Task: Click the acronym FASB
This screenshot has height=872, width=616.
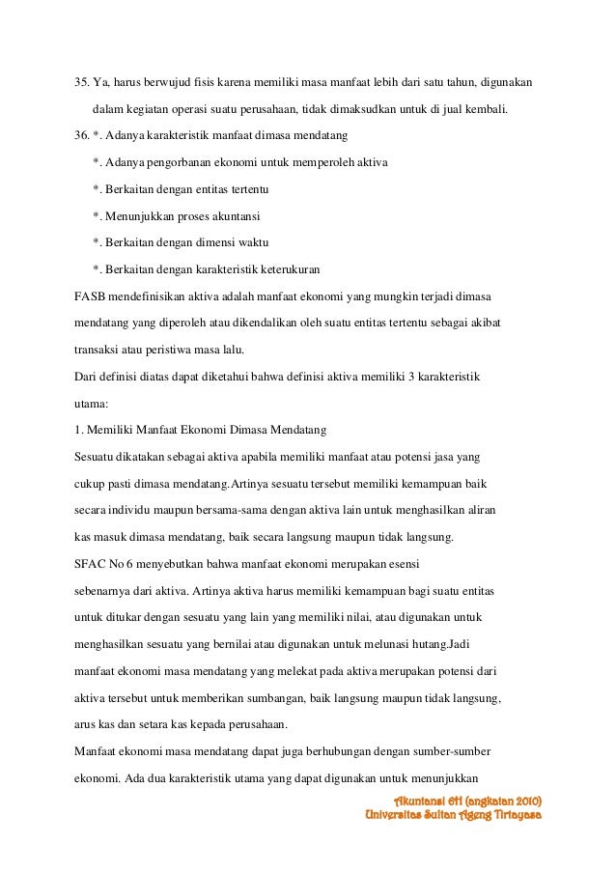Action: pyautogui.click(x=92, y=295)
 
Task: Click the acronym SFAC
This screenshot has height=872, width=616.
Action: pyautogui.click(x=93, y=562)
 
